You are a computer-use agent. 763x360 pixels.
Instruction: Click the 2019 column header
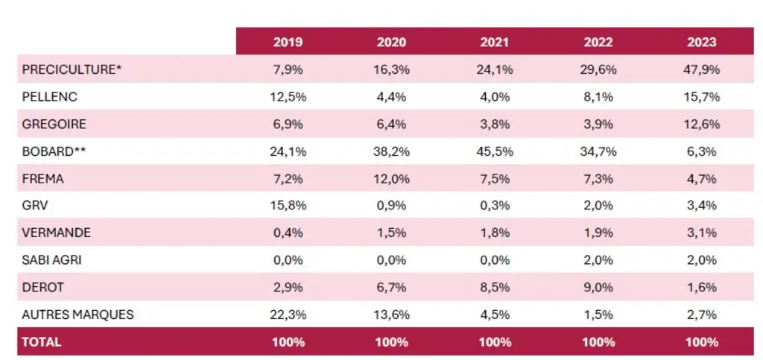288,42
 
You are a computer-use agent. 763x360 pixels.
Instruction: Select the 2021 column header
495,42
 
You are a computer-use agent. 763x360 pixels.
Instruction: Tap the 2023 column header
702,42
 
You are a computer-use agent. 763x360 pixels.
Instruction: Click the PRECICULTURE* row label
72,69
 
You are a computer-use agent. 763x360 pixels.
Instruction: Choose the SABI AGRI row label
51,260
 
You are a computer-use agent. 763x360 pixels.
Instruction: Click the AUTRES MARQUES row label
77,315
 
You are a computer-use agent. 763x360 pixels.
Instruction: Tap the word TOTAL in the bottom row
42,342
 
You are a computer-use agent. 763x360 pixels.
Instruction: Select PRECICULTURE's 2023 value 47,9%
702,69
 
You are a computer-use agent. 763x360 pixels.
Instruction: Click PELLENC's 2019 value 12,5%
288,97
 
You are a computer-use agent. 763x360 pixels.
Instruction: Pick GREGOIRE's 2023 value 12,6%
702,124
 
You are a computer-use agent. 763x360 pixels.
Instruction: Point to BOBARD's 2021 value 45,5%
495,152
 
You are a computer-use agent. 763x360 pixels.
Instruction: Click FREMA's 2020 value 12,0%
391,179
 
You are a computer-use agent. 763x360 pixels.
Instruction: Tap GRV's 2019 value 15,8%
288,206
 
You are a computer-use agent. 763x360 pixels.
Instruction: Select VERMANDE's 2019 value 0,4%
288,233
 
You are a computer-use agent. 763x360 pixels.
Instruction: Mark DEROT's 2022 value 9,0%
598,288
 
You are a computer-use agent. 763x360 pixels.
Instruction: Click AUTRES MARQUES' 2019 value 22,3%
288,315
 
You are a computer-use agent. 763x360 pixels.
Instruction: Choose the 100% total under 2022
598,342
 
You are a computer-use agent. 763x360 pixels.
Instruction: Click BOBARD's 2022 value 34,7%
598,152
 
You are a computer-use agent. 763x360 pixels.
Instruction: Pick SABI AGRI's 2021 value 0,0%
495,260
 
